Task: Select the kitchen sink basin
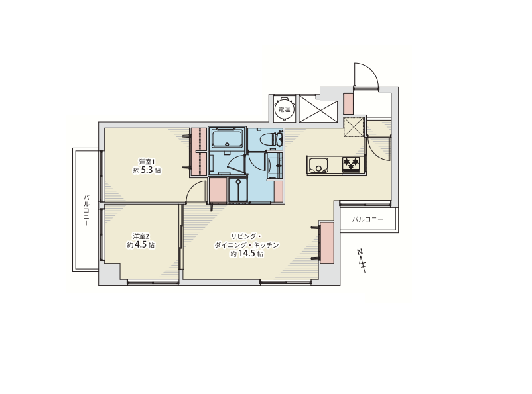pos(318,166)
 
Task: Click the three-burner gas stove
pos(351,164)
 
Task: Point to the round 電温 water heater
pos(284,109)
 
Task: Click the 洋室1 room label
pos(147,162)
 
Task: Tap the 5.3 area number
pos(147,170)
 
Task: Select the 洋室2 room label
pos(141,236)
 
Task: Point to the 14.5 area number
pos(246,254)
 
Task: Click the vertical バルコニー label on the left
pos(86,211)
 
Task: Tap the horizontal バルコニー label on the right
pos(367,219)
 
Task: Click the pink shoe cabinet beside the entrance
pos(348,103)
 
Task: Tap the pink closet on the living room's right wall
pos(327,242)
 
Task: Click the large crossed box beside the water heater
pos(318,109)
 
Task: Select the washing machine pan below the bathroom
pos(239,191)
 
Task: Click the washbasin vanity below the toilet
pos(275,166)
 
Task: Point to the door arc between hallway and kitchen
pos(378,152)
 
